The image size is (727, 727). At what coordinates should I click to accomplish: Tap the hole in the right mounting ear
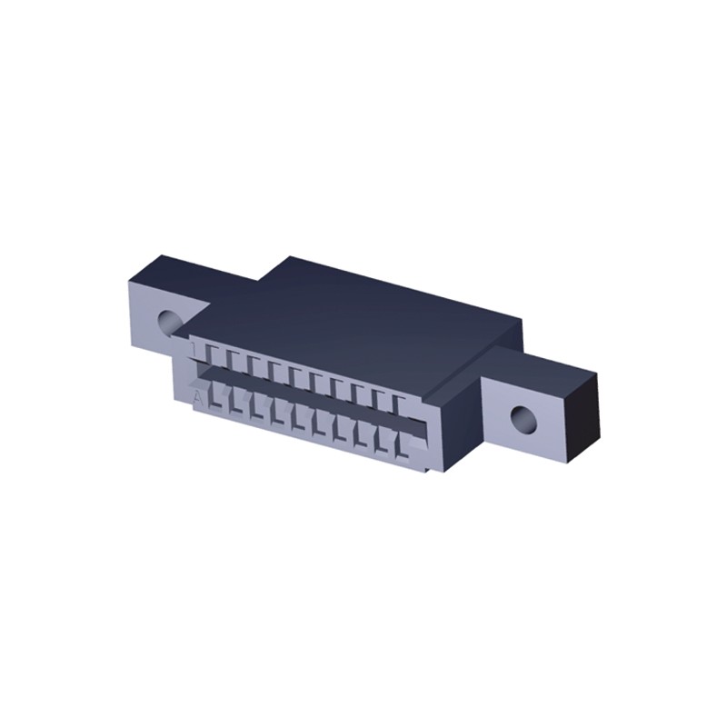point(522,419)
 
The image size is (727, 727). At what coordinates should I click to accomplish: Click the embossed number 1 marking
point(194,348)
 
